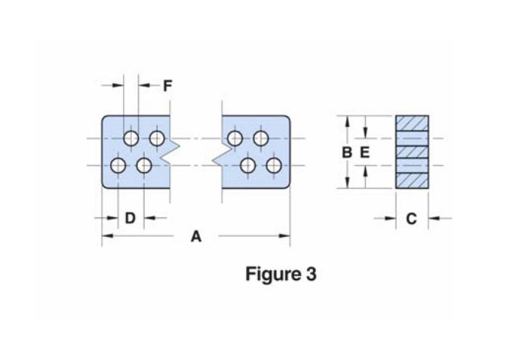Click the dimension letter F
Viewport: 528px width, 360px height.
[x=167, y=85]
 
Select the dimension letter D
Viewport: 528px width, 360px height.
[x=130, y=218]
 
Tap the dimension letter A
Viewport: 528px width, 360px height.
[x=195, y=237]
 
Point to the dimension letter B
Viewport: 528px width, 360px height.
[x=346, y=152]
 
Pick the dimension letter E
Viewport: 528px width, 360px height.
[x=364, y=152]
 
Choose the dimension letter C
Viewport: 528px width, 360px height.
[x=411, y=219]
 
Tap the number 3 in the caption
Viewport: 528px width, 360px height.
[x=312, y=274]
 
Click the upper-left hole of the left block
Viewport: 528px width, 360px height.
[x=131, y=138]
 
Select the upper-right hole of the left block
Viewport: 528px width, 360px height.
[x=157, y=138]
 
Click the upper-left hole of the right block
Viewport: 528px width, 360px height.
[x=235, y=138]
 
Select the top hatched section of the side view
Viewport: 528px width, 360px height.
[x=413, y=123]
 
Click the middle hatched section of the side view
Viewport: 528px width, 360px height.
[x=413, y=152]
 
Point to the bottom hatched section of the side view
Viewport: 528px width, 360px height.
[x=413, y=181]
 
